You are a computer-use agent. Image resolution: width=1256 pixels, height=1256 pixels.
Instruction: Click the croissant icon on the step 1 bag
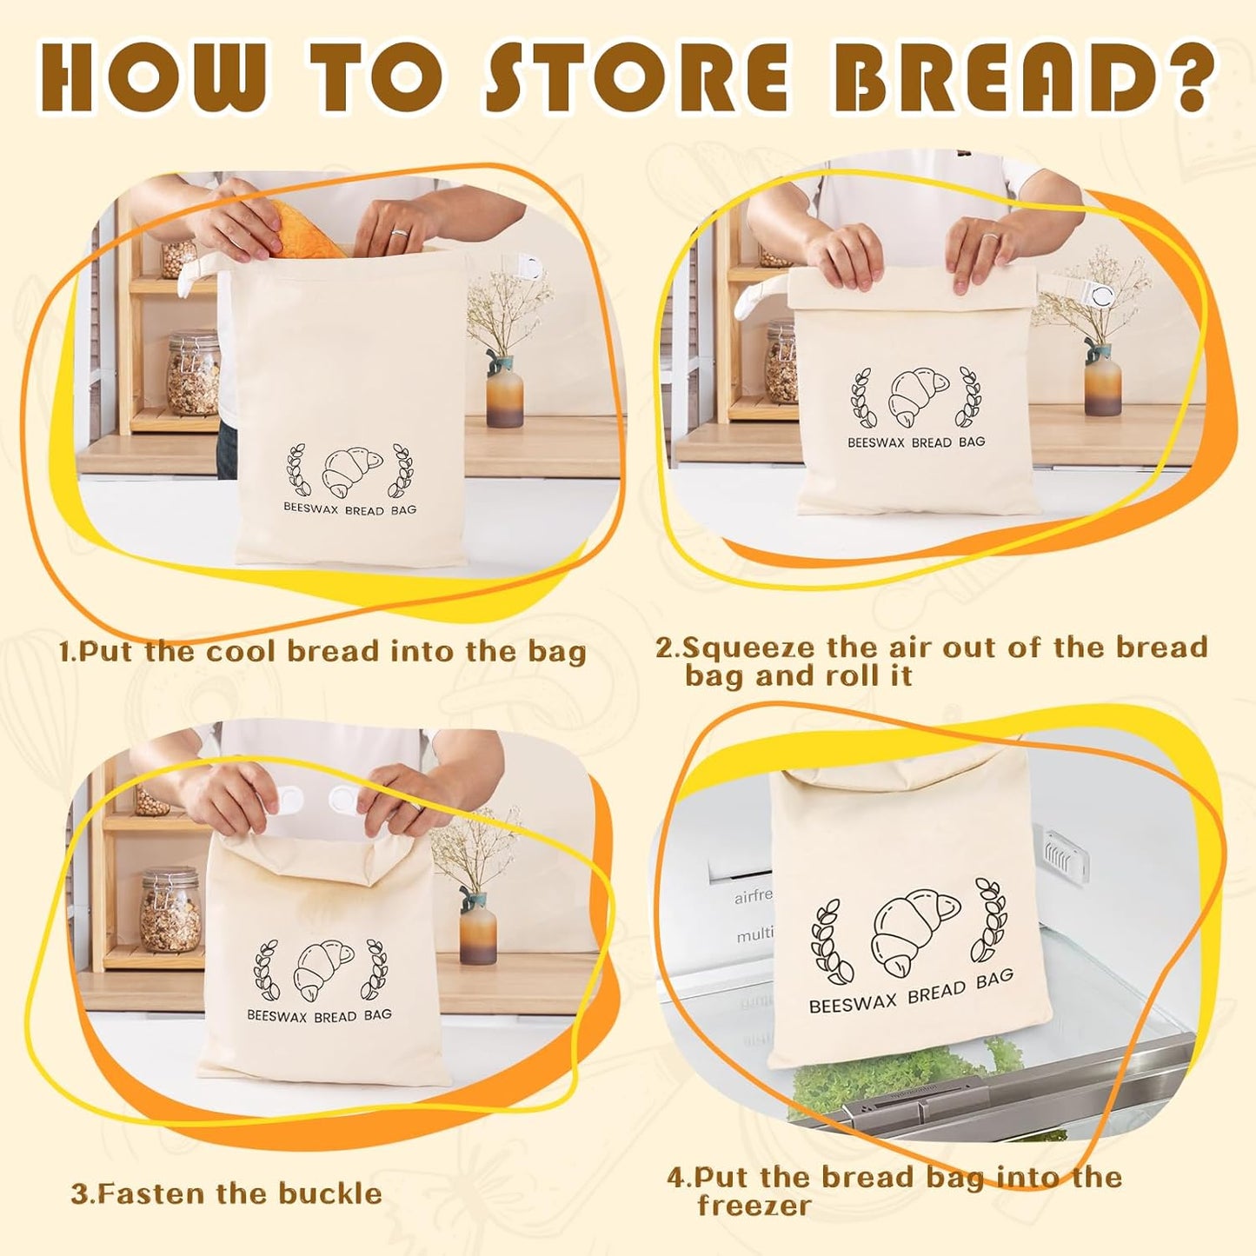(351, 471)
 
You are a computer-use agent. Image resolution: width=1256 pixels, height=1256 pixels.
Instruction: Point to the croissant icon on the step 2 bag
(918, 398)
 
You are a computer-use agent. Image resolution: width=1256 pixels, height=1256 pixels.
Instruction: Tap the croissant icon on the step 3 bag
(323, 967)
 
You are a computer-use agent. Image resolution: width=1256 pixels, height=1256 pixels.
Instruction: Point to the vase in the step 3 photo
(477, 928)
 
